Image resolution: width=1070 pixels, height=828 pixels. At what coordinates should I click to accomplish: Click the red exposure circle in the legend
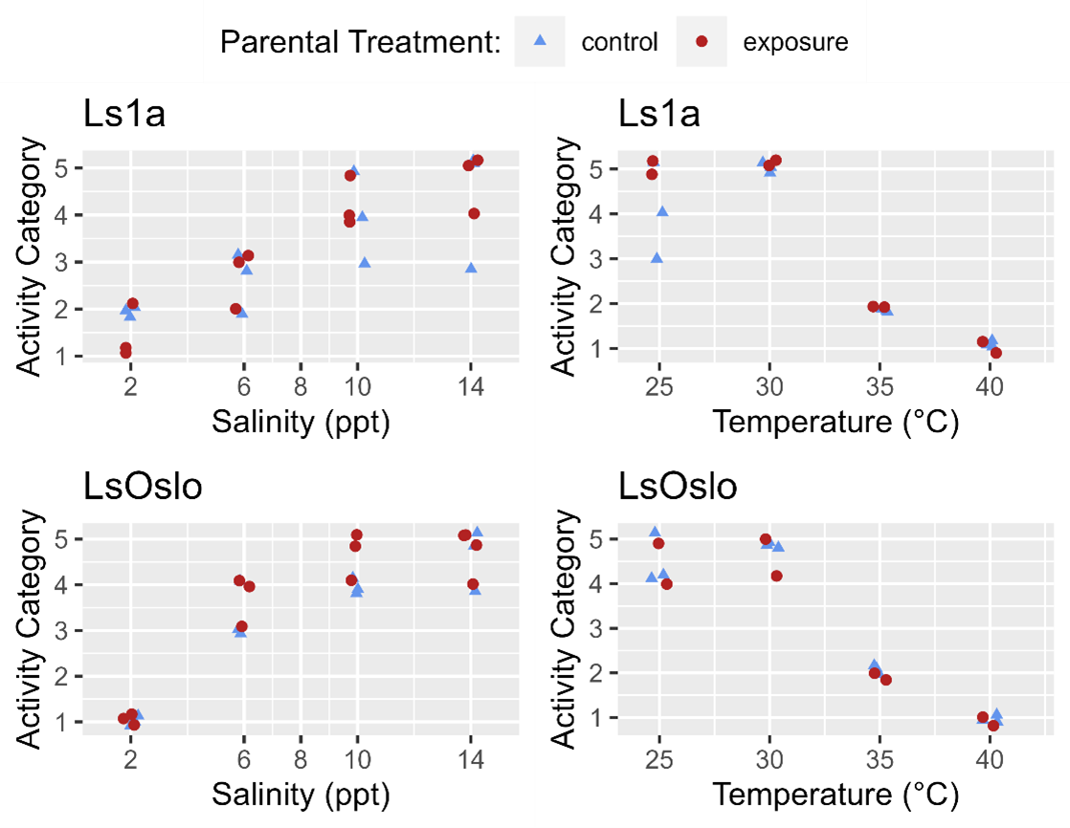coord(701,42)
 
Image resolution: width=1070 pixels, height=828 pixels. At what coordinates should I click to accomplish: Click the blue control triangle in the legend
coord(539,41)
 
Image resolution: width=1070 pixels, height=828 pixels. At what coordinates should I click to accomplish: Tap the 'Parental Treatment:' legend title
coord(361,42)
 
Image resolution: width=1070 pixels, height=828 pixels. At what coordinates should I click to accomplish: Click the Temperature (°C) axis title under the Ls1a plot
coord(836,421)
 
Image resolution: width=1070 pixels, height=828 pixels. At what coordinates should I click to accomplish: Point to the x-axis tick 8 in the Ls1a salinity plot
coord(301,386)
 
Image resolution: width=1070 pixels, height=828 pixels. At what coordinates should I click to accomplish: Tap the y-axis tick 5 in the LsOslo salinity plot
coord(69,539)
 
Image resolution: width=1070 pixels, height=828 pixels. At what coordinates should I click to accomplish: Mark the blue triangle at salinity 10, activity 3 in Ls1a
coord(365,262)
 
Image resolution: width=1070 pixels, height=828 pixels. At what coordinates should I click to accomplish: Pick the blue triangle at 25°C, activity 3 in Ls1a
coord(657,258)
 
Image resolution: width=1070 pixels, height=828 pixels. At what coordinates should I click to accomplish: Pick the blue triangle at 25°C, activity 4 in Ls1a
coord(661,211)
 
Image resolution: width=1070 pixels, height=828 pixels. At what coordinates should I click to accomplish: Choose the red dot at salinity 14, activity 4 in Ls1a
coord(474,213)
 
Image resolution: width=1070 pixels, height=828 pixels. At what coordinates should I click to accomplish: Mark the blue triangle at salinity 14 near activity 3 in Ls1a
coord(471,268)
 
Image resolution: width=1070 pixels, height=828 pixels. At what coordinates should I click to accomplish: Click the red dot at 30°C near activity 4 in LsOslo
coord(776,576)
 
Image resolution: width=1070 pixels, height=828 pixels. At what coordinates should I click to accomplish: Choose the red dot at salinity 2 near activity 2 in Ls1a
coord(132,303)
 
